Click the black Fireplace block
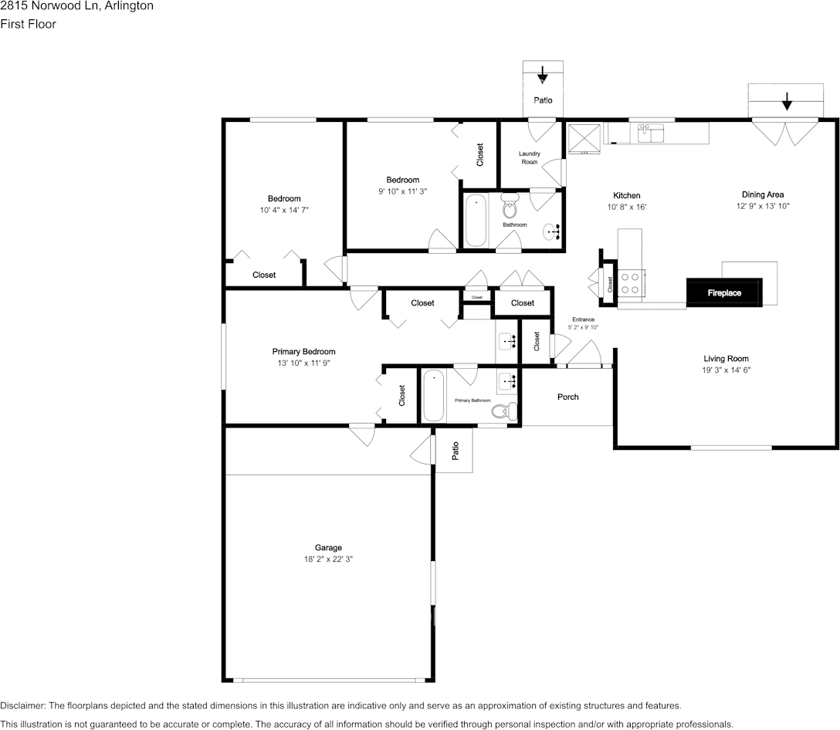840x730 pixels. point(724,293)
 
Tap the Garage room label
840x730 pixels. point(328,547)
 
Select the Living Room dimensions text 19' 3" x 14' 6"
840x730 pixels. point(726,370)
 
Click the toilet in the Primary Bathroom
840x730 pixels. point(504,411)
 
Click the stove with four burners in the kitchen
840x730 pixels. point(631,283)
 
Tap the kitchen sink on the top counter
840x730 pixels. point(650,133)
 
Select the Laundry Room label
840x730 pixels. point(530,157)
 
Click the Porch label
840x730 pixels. point(568,397)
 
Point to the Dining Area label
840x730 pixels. point(762,194)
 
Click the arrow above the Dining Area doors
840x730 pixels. point(787,101)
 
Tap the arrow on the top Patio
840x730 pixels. point(543,74)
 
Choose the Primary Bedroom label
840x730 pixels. point(303,351)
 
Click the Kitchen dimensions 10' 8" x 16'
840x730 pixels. point(627,207)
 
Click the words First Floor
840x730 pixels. point(28,24)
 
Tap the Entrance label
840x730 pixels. point(584,319)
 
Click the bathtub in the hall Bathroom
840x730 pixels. point(476,221)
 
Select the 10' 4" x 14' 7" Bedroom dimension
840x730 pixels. point(284,210)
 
